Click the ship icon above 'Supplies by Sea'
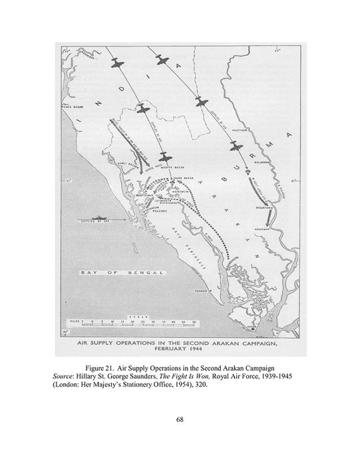pos(97,217)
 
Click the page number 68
pos(180,419)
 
